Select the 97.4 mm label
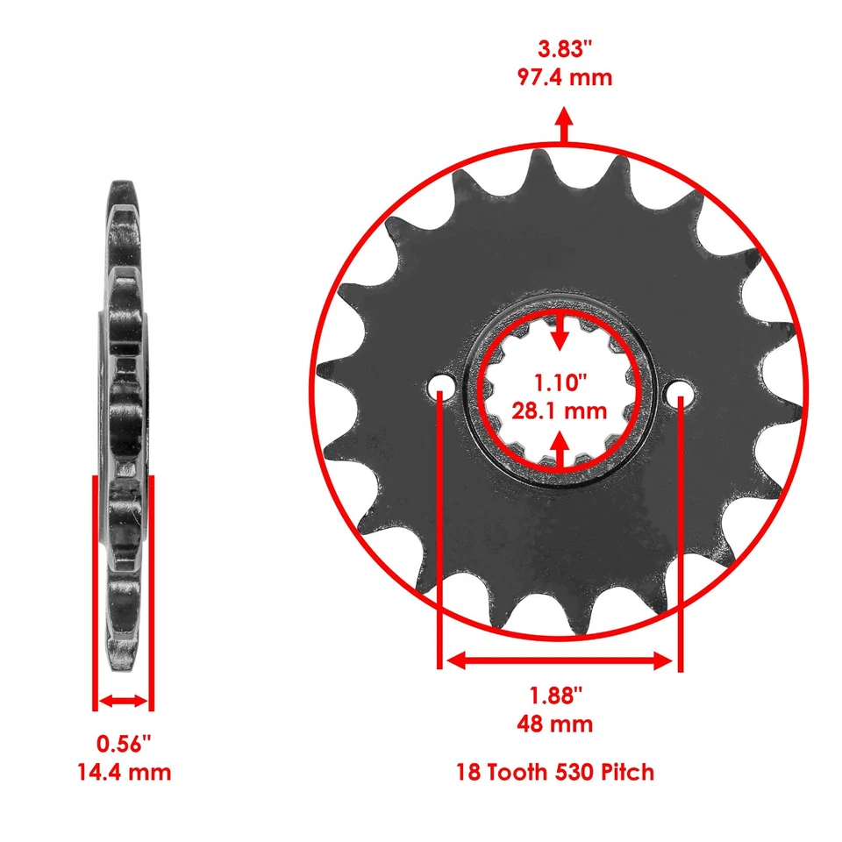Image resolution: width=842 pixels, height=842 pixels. click(563, 77)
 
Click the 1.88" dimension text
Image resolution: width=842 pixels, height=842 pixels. click(556, 696)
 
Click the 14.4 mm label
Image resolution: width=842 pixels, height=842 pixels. click(124, 772)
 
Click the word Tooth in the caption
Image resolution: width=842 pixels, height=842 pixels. click(517, 773)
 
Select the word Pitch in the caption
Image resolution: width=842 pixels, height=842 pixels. click(629, 773)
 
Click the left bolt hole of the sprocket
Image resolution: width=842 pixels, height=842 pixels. click(440, 388)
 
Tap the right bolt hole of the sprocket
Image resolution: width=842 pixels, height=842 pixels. click(681, 396)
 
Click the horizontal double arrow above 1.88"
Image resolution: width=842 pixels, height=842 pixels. click(560, 660)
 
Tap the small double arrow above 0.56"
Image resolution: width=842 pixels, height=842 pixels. click(124, 701)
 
